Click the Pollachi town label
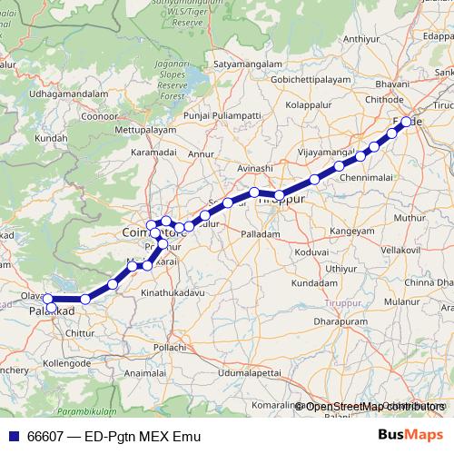point(169,348)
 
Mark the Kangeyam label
point(352,232)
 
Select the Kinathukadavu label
point(176,295)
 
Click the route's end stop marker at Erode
point(407,121)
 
